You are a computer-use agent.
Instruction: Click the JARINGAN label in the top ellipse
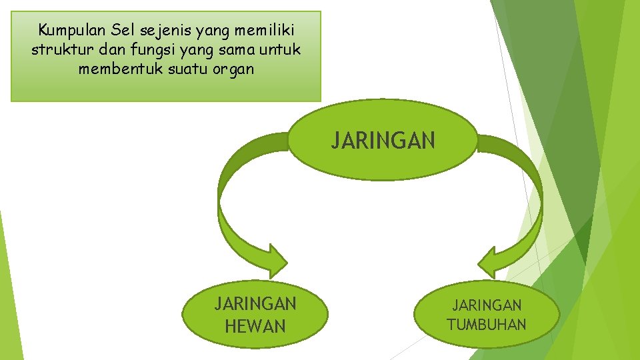(383, 141)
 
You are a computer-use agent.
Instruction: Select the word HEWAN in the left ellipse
(255, 327)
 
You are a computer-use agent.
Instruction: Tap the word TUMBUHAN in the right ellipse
(487, 325)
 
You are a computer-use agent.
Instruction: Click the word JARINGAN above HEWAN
(255, 305)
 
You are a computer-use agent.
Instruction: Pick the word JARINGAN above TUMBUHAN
(487, 306)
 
